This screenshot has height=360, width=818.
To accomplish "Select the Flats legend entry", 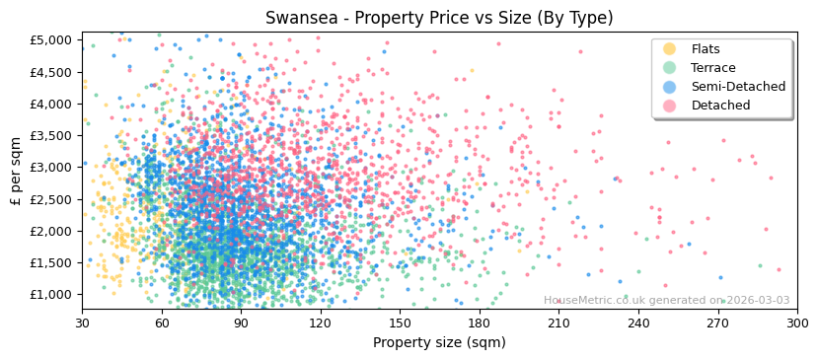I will click(x=705, y=49).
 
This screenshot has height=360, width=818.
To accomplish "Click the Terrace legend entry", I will click(x=711, y=68).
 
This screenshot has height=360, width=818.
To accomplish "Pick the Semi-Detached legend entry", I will click(x=738, y=87).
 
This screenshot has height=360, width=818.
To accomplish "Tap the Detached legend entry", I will click(x=720, y=106).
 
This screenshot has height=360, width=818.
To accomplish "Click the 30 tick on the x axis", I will click(x=82, y=324).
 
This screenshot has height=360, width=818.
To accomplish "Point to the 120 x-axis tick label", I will click(x=321, y=324).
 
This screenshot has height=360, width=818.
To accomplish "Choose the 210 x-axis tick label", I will click(x=558, y=324).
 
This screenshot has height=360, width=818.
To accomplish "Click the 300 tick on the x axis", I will click(x=797, y=324).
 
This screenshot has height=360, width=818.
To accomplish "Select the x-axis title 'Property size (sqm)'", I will click(x=439, y=343).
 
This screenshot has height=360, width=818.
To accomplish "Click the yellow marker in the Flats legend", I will click(x=669, y=49).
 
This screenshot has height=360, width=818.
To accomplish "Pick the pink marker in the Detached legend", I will click(x=669, y=106).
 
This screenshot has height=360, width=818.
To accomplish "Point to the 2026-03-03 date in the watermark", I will click(x=759, y=301).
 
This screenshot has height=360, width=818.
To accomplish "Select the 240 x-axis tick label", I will click(x=638, y=324).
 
